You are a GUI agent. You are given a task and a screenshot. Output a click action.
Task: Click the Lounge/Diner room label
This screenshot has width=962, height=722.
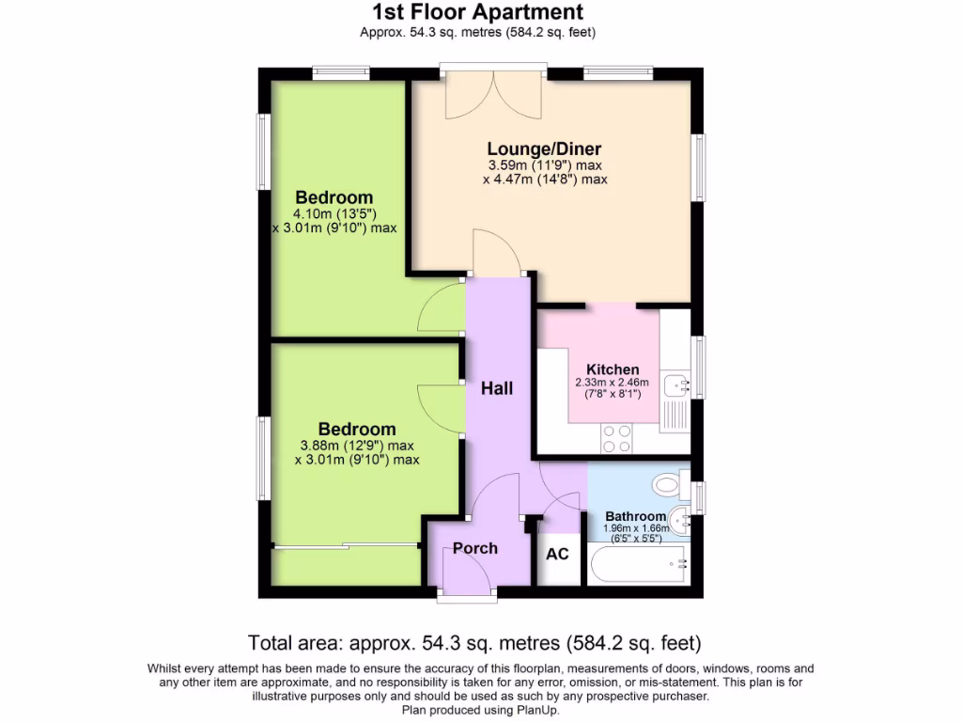[544, 149]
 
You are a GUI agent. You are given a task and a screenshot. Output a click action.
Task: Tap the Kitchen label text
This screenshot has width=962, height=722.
[613, 369]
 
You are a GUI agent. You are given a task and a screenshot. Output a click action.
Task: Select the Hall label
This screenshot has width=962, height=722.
[497, 387]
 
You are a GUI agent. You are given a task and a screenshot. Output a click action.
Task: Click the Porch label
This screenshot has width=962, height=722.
[475, 548]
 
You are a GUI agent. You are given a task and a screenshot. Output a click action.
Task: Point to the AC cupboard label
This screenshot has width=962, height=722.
[557, 554]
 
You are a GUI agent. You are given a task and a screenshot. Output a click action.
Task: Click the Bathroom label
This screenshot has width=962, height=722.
[635, 516]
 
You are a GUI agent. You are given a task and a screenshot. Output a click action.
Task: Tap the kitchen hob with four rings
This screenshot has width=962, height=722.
[616, 438]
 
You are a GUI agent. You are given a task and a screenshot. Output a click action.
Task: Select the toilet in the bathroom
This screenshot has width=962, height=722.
[669, 484]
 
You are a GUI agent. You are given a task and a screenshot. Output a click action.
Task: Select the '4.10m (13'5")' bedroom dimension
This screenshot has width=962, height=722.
[334, 213]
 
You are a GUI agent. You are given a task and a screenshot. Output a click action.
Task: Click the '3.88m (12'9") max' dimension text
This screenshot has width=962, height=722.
[356, 446]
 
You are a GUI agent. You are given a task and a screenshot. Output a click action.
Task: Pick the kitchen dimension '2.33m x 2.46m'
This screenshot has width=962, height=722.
[612, 383]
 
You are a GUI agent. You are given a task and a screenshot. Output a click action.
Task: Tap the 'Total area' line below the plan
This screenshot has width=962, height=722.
[474, 644]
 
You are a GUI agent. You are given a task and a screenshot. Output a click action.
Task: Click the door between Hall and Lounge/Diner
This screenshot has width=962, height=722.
[495, 254]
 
